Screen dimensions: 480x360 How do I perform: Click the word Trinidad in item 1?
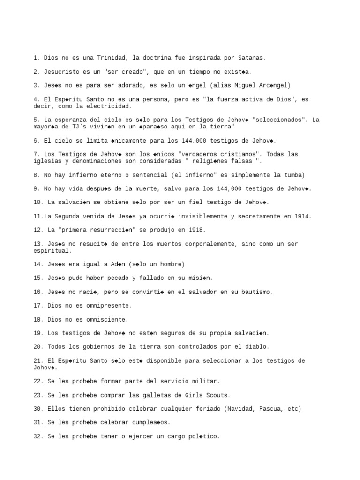112,58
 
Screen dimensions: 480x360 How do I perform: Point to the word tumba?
294,175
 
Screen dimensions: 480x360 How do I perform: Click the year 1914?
302,216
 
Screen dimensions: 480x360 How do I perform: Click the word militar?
205,381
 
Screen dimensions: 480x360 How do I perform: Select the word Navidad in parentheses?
240,409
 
